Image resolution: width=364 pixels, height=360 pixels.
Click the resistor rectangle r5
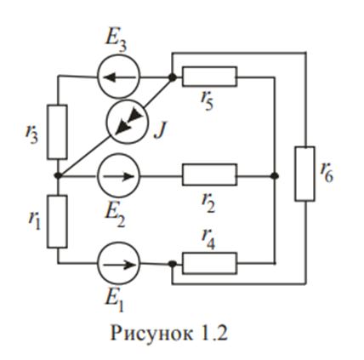[209, 67]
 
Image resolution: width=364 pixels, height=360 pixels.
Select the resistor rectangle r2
[209, 165]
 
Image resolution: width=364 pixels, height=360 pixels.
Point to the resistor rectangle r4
[209, 254]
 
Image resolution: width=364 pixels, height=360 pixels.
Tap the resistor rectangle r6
[296, 174]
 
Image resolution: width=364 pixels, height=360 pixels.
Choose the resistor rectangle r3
[48, 132]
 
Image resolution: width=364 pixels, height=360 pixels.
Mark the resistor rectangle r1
[48, 221]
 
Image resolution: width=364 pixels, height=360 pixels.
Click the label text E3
[116, 43]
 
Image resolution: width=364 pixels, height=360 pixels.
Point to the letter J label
[161, 130]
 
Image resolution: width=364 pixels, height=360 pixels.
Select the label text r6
[327, 173]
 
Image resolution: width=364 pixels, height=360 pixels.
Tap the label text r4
[208, 240]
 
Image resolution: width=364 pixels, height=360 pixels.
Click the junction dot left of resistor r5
[172, 77]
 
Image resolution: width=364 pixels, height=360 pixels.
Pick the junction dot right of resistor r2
[274, 176]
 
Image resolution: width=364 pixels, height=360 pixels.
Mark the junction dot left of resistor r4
[172, 264]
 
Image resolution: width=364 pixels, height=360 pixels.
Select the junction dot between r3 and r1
[58, 176]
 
